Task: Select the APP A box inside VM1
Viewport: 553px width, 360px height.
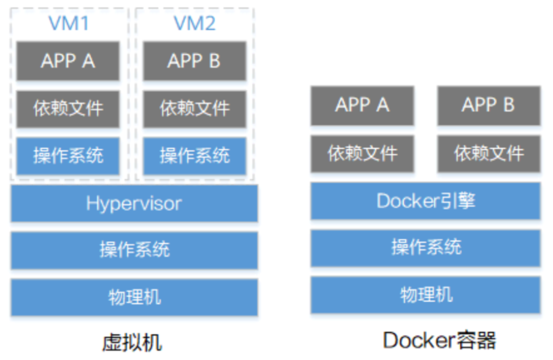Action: point(68,61)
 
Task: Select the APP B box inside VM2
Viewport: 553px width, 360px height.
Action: point(194,61)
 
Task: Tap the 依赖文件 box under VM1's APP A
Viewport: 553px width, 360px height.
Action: point(68,109)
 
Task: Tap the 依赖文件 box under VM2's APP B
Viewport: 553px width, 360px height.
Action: point(194,109)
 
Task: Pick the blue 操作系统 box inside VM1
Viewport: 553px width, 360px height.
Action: point(68,156)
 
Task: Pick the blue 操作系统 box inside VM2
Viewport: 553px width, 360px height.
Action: point(194,156)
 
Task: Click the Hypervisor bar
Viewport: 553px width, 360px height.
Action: point(134,203)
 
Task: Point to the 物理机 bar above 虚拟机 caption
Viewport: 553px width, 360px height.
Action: point(134,297)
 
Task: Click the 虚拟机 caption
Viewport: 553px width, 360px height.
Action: point(133,341)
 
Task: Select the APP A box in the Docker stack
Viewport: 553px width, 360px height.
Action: point(362,105)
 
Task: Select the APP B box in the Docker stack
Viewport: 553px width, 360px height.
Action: point(489,105)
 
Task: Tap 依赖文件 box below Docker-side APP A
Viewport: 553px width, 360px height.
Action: point(362,153)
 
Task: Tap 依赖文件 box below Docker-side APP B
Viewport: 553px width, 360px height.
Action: point(489,153)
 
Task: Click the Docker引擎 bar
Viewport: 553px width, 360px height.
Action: point(425,201)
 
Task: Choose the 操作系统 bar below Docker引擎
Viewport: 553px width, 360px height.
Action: point(425,248)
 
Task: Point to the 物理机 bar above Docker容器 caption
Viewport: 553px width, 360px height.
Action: point(425,295)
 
